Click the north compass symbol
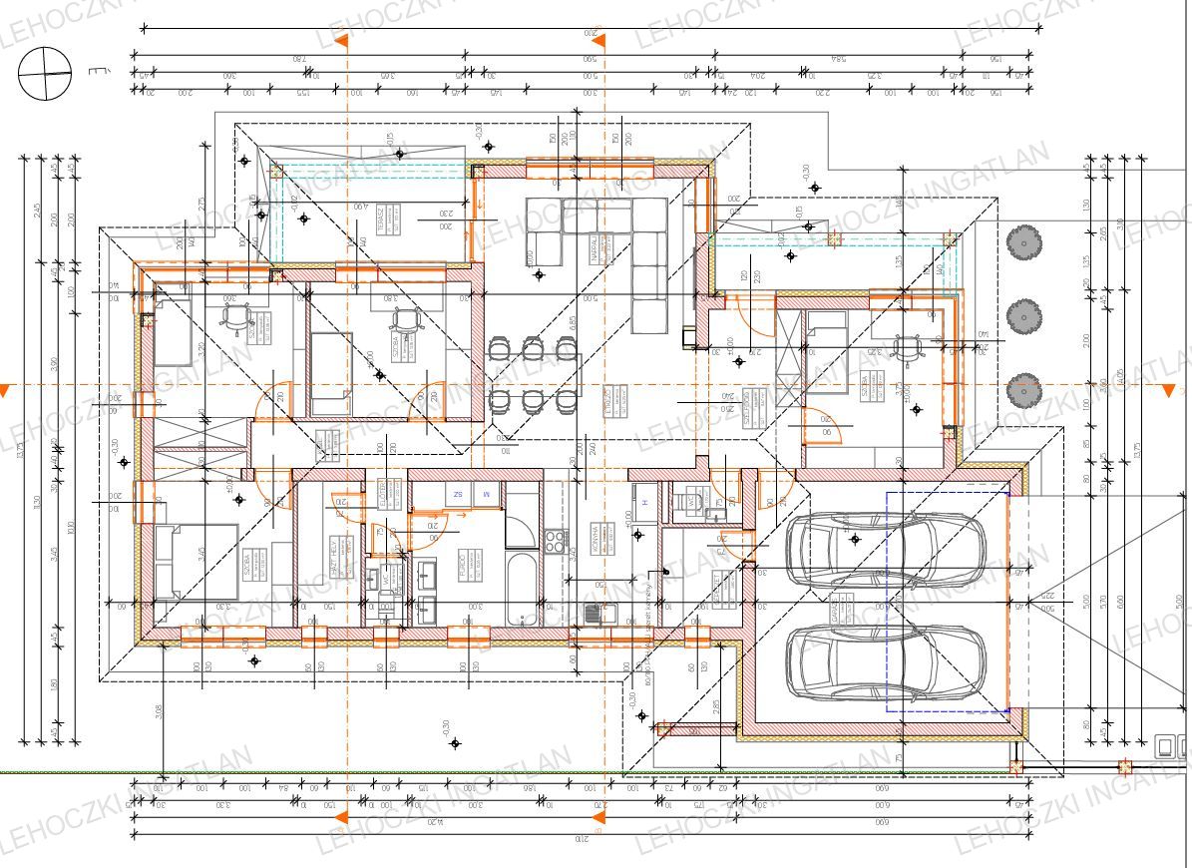point(45,74)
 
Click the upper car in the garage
point(885,550)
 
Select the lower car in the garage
point(885,662)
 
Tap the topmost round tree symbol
point(1023,241)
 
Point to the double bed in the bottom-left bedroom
point(197,561)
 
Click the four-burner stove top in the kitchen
point(555,541)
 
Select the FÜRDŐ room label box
point(465,564)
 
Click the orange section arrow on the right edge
point(1169,391)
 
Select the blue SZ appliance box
point(458,494)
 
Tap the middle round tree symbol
point(1023,317)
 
